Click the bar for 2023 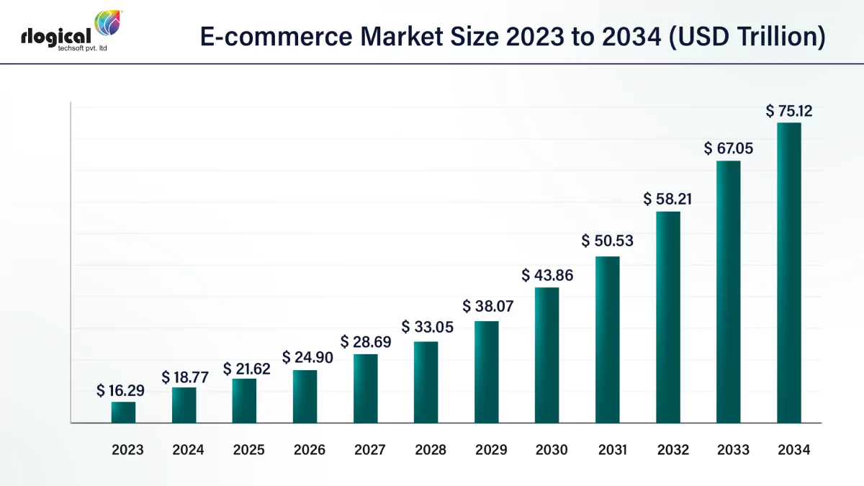[x=123, y=413]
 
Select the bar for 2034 [x=789, y=273]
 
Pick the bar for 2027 [x=366, y=388]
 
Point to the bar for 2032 [x=668, y=317]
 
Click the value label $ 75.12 [x=788, y=111]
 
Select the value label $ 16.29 [x=121, y=391]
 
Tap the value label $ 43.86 [x=547, y=275]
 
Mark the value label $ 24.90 [x=307, y=357]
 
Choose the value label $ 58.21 [x=667, y=199]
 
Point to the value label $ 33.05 [x=427, y=327]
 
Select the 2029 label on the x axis [x=491, y=450]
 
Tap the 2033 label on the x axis [x=733, y=450]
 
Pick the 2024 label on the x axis [x=188, y=450]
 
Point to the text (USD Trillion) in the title [x=746, y=36]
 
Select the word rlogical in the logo [x=55, y=35]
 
